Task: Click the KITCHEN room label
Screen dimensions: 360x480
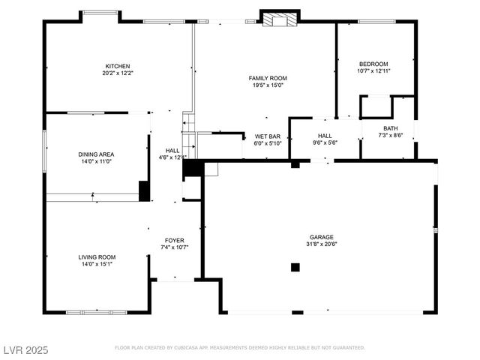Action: (x=118, y=65)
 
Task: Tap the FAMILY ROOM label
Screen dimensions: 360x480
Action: (x=268, y=78)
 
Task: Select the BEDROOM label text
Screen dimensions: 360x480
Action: (x=373, y=64)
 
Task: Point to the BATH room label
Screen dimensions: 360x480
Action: (x=391, y=128)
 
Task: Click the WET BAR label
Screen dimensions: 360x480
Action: (x=267, y=136)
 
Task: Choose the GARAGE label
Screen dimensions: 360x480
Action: (x=321, y=236)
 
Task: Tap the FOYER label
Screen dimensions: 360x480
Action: (x=174, y=241)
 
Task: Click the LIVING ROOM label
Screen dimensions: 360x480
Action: (x=97, y=257)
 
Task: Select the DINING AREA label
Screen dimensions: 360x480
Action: (x=96, y=154)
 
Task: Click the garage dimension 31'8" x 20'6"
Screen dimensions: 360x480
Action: (x=321, y=243)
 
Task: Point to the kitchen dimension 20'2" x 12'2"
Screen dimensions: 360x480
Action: (x=118, y=73)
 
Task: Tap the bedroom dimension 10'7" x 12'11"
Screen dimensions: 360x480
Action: (x=373, y=71)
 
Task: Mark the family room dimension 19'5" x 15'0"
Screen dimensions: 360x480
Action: (x=268, y=85)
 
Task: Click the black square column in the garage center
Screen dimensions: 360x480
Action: (x=295, y=266)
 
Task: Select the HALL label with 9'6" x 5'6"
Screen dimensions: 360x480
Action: (x=325, y=136)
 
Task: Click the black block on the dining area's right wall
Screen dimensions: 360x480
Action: (x=144, y=190)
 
